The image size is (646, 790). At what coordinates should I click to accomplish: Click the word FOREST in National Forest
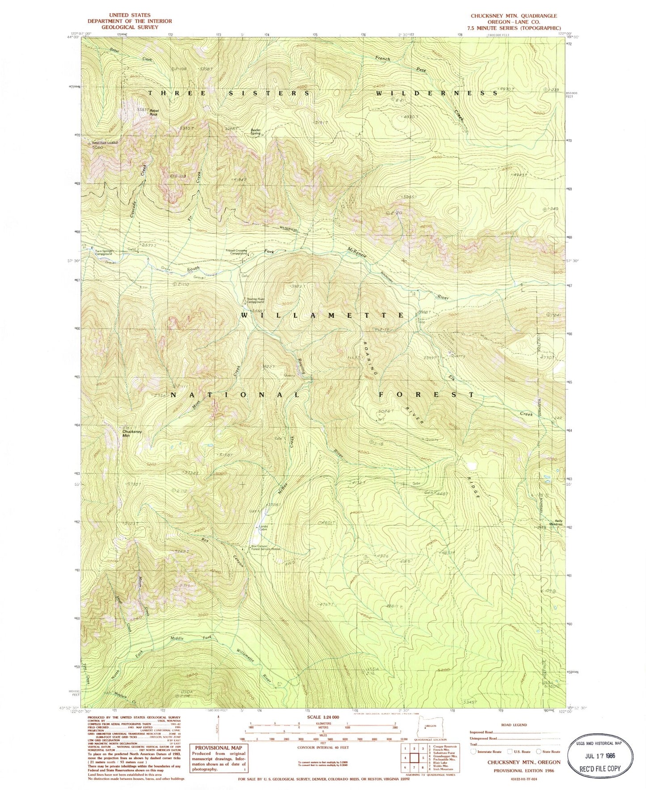(426, 395)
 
